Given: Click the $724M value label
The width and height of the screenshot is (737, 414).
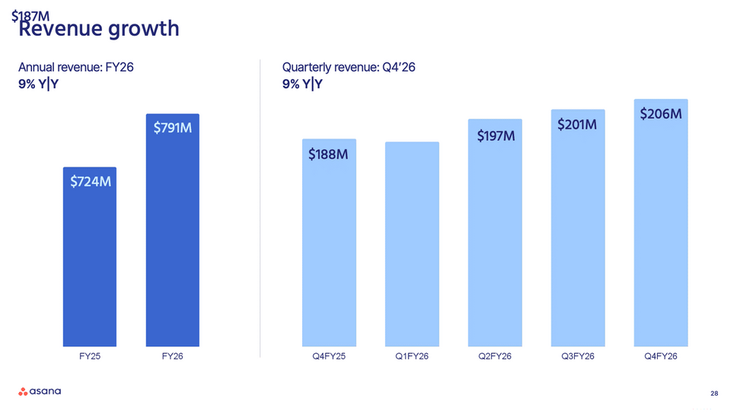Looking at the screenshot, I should [x=91, y=182].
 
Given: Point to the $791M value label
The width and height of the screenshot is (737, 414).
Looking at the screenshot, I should [x=172, y=129].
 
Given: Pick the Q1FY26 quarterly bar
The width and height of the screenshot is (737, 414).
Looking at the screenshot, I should [x=412, y=244].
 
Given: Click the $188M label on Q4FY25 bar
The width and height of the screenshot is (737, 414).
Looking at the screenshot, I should [x=328, y=154].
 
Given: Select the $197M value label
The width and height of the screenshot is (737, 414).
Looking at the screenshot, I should [x=496, y=136].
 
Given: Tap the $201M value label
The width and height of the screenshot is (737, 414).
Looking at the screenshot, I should [x=577, y=124].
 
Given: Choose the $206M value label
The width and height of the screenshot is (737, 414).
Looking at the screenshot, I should [x=660, y=114].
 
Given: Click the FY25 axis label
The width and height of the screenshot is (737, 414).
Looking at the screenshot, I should [x=89, y=357].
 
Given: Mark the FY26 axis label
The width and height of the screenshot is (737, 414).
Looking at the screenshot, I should [x=172, y=357].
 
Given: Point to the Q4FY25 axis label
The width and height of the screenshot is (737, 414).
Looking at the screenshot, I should [x=328, y=357].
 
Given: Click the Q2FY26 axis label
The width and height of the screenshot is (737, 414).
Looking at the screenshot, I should [x=495, y=357].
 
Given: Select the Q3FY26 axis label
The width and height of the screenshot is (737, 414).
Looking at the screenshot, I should [x=577, y=357].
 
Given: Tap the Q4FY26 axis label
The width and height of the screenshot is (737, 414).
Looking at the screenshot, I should [x=660, y=357].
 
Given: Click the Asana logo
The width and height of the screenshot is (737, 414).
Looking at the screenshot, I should [x=40, y=392].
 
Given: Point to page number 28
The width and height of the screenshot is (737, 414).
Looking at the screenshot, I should [x=713, y=393].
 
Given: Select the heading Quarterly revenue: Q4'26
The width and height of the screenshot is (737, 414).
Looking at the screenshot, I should [x=348, y=68].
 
